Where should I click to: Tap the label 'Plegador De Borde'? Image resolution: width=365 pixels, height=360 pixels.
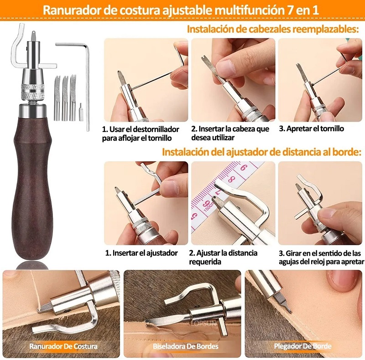(x=302, y=346)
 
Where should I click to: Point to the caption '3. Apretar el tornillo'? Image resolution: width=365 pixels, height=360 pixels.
(x=311, y=129)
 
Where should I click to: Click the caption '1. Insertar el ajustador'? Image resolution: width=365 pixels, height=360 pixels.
(x=141, y=253)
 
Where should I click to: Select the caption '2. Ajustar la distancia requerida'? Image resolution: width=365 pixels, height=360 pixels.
(x=224, y=257)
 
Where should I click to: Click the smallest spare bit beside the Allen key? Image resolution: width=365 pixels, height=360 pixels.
(x=81, y=111)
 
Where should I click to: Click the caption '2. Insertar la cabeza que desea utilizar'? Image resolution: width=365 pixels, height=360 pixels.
(x=230, y=133)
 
